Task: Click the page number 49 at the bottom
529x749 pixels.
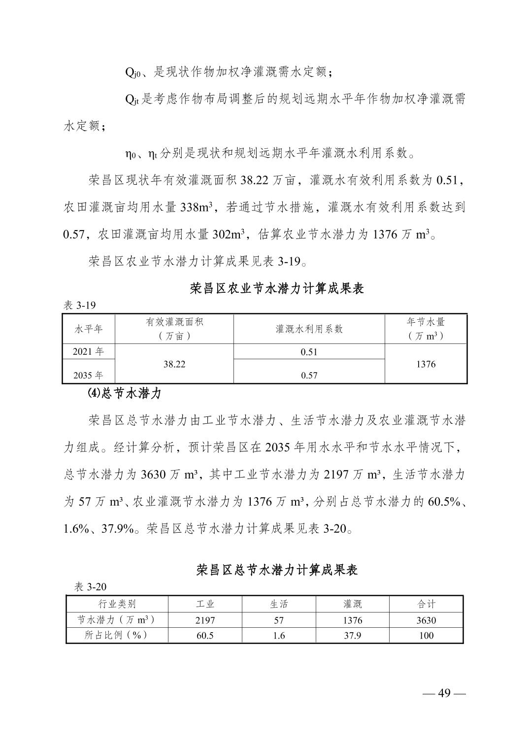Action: pos(444,693)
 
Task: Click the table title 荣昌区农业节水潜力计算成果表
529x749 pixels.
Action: pos(277,289)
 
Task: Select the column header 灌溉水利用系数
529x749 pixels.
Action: pos(309,329)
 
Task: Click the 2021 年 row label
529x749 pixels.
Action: pos(89,352)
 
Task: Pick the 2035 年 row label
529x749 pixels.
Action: pos(89,375)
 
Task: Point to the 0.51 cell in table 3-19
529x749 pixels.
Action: pos(309,352)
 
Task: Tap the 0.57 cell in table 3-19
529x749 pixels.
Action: pos(309,375)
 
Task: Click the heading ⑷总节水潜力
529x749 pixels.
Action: pos(121,394)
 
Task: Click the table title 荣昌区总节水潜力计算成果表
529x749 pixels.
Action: pos(277,570)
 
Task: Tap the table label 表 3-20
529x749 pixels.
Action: pos(90,587)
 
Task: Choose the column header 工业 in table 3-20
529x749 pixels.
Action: pos(205,604)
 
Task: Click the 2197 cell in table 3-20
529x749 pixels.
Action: pos(205,620)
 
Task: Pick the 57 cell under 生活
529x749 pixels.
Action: pos(279,620)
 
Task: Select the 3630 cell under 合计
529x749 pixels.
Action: pos(426,620)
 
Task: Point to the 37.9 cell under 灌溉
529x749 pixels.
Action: pos(352,635)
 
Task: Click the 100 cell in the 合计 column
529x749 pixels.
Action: pos(426,635)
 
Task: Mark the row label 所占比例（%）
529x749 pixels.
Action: pos(117,635)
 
